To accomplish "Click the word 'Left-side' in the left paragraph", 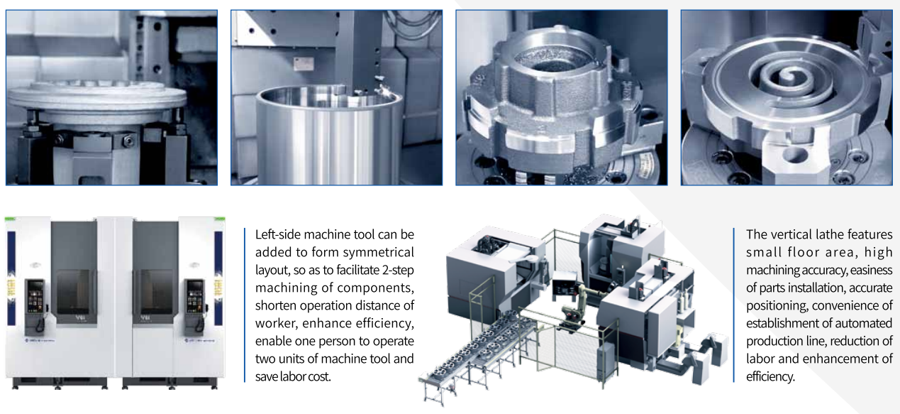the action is (x=277, y=234).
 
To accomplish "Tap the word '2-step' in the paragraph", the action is (x=398, y=270).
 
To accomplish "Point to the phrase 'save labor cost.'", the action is (x=293, y=376).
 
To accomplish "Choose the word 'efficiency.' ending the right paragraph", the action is (x=770, y=376).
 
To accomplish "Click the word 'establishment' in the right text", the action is (x=777, y=323).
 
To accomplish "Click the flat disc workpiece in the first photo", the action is (x=96, y=99).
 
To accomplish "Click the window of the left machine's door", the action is (x=75, y=292).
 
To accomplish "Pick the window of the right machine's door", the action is (x=155, y=292).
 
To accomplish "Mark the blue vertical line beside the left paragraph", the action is (x=244, y=305).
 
